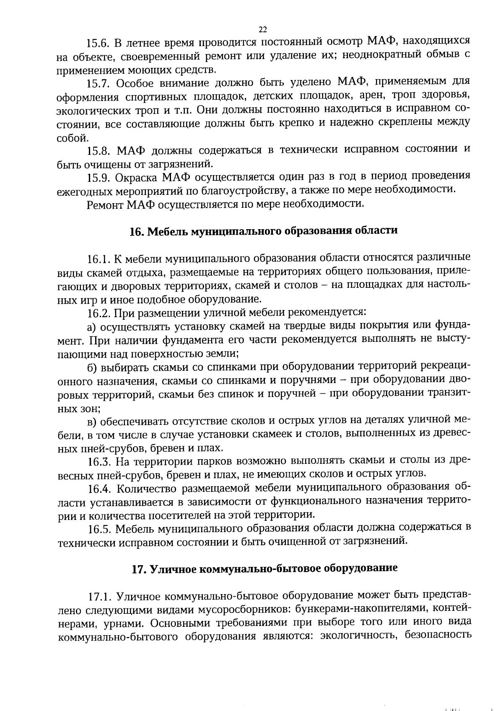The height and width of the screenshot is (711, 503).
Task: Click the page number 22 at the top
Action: [x=263, y=29]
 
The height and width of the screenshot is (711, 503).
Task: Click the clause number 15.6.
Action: [x=98, y=43]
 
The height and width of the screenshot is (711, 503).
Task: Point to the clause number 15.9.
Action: [x=98, y=178]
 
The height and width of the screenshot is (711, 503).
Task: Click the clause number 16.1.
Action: [x=99, y=259]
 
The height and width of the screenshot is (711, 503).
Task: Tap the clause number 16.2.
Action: [x=99, y=313]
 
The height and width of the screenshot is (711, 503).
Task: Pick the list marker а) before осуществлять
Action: [x=92, y=327]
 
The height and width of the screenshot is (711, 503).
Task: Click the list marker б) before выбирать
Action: [x=92, y=367]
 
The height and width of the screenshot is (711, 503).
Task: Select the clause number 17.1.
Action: [x=99, y=597]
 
